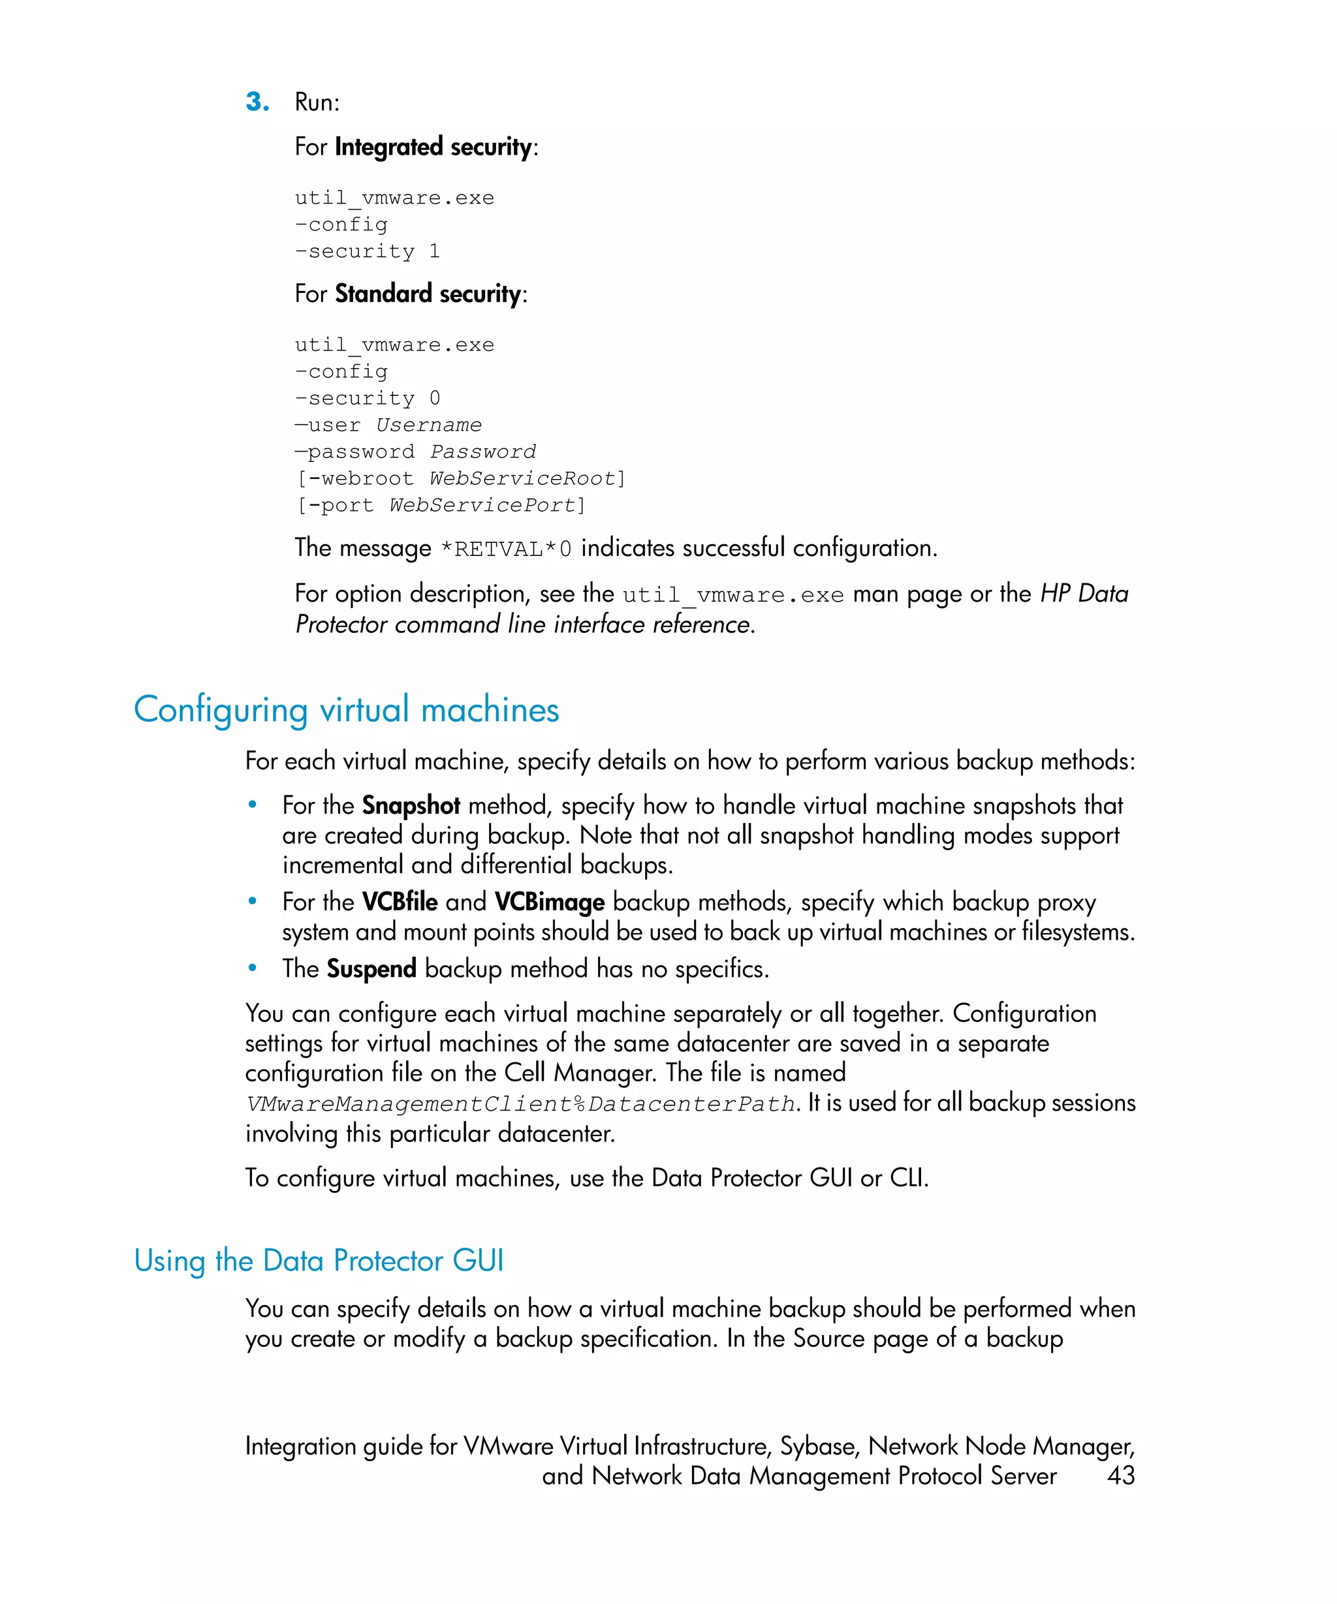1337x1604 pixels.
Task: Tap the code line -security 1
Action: coord(368,251)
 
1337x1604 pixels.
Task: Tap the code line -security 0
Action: coord(368,398)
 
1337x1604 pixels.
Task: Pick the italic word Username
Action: coord(429,425)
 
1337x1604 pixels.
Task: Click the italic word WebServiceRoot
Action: coord(522,478)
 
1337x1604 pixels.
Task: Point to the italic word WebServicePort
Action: coord(482,505)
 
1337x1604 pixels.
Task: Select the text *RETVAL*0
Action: coord(506,549)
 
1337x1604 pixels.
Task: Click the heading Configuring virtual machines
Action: coord(346,709)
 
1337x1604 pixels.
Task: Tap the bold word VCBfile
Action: coord(399,902)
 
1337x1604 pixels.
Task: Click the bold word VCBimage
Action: coord(548,902)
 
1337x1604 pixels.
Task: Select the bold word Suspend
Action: coord(371,968)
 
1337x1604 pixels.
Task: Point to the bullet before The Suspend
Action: coord(252,968)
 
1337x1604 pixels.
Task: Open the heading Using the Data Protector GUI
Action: coord(319,1260)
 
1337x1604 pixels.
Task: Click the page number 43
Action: coord(1120,1475)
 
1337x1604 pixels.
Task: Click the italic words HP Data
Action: coord(1083,593)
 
